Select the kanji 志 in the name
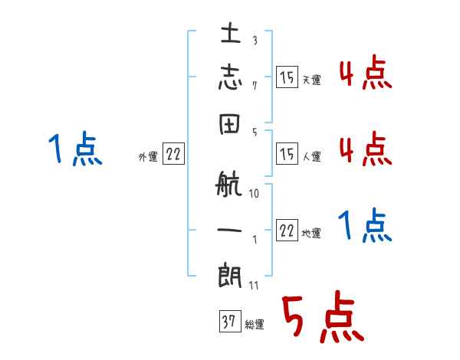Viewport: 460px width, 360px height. [230, 78]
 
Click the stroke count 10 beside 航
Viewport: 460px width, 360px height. [254, 194]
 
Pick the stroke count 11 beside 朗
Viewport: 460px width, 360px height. [254, 286]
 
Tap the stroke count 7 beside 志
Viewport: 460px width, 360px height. [254, 85]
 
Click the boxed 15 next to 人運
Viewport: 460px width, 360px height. [287, 154]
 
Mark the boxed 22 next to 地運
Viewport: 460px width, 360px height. [287, 231]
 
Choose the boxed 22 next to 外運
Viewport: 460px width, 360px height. [172, 154]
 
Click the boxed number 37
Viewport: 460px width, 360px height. [228, 322]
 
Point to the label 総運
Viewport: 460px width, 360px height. [255, 325]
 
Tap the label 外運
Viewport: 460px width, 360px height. [147, 156]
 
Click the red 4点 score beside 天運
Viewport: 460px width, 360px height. [365, 74]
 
